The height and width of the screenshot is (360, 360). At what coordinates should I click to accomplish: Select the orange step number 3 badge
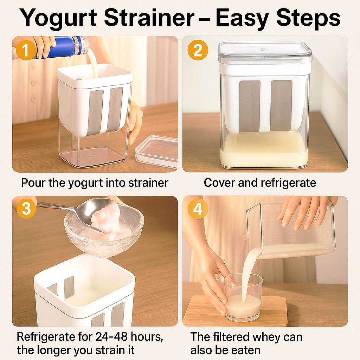point(26,208)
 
